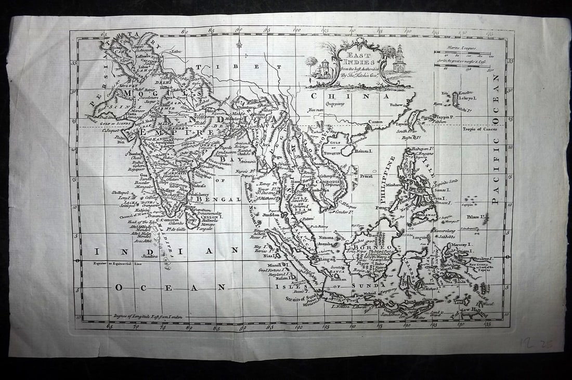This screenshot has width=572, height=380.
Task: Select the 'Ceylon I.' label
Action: click(212, 217)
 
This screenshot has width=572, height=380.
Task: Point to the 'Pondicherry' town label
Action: click(201, 193)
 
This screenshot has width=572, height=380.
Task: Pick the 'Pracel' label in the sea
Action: click(366, 176)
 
